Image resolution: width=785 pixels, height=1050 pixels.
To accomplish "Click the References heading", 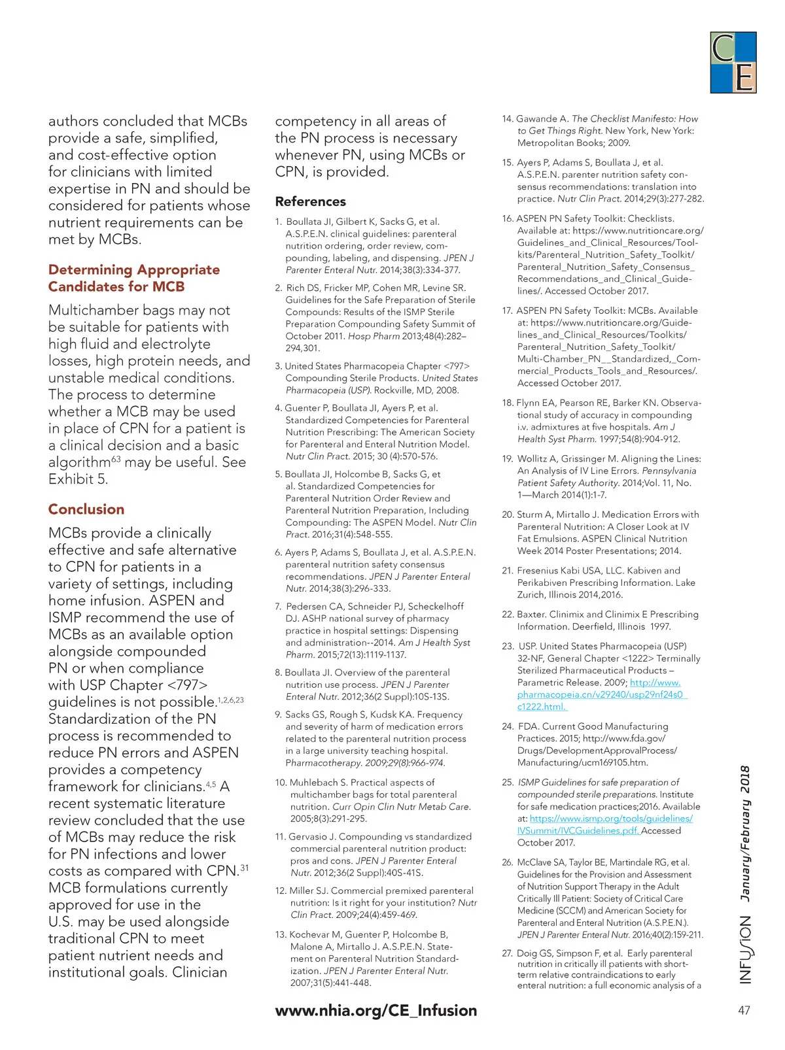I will (310, 201).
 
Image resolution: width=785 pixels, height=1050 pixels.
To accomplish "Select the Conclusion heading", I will (86, 509).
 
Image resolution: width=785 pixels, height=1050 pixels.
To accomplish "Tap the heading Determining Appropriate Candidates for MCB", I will (133, 278).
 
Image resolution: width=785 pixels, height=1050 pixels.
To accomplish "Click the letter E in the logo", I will (744, 77).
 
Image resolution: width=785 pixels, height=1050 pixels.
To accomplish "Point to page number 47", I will (744, 1010).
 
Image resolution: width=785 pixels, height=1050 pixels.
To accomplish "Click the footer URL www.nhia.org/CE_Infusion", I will (376, 1010).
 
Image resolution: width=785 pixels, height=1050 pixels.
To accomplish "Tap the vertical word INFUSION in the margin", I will (745, 949).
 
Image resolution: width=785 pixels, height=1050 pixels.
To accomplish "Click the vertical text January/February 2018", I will (745, 833).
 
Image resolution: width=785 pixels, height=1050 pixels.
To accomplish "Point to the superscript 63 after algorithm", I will (115, 459).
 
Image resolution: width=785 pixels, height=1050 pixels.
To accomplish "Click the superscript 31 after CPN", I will (244, 868).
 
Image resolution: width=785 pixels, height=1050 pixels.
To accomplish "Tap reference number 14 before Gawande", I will (508, 119).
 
